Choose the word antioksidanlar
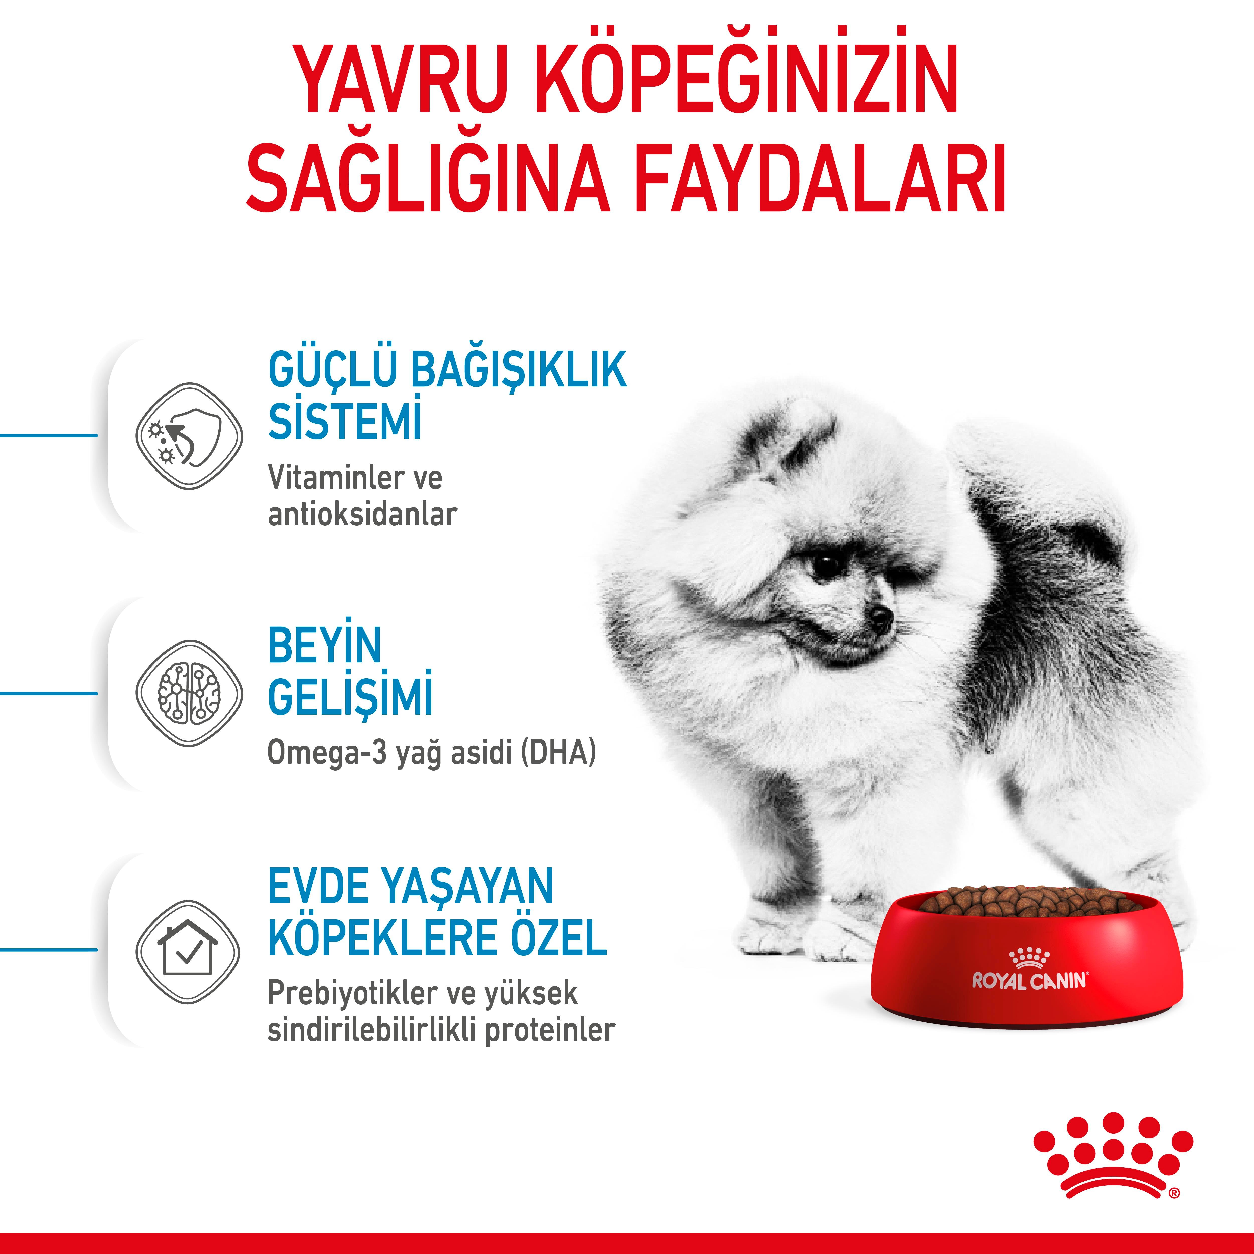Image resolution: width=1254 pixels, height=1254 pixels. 362,515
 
